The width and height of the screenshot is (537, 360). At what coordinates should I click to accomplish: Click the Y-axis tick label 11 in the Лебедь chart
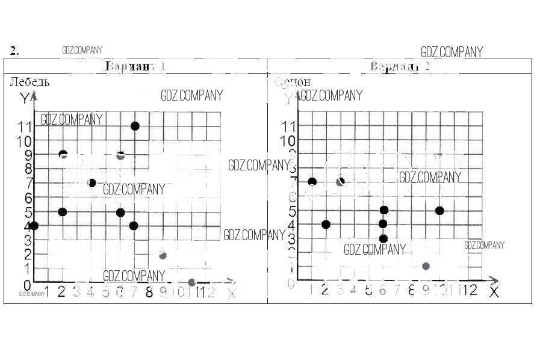[x=25, y=126]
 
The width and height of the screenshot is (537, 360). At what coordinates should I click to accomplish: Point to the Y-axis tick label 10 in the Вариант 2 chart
[x=289, y=140]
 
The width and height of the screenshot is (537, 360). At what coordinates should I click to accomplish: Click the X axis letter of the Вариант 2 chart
[x=494, y=293]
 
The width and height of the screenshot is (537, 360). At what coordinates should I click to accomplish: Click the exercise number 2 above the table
[x=14, y=51]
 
